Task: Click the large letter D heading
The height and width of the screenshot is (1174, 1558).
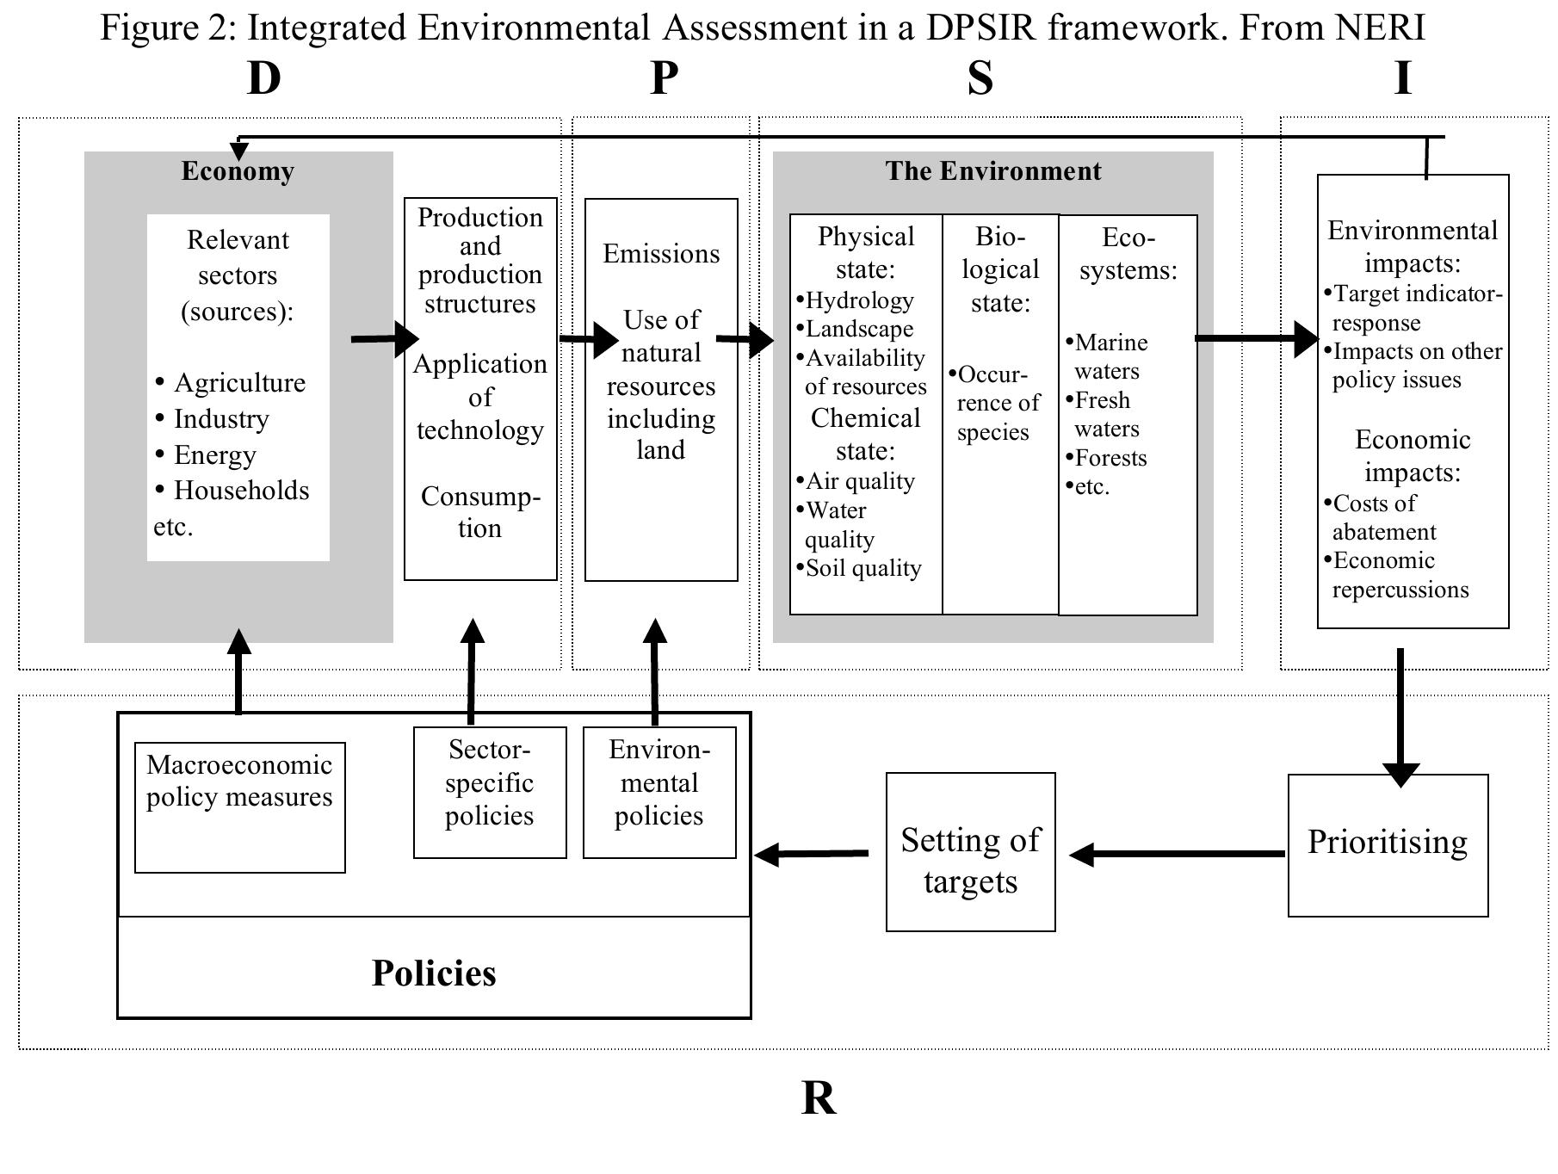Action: [x=264, y=79]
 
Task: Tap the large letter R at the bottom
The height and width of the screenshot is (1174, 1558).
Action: [x=819, y=1099]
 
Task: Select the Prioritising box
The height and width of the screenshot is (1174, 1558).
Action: [x=1387, y=844]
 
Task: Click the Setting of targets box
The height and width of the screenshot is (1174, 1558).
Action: [x=970, y=851]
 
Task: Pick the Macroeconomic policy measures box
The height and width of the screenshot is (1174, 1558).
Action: [x=239, y=806]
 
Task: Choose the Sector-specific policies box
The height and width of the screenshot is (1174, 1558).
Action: [x=489, y=792]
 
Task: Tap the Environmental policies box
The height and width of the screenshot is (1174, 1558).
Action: [x=659, y=792]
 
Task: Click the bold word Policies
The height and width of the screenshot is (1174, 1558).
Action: [x=434, y=973]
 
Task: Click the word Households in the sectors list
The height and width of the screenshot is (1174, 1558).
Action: [x=241, y=491]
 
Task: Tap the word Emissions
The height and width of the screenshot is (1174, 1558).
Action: [x=661, y=254]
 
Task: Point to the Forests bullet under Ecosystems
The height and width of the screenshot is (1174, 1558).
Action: [x=1110, y=458]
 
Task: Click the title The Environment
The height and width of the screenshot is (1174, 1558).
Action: [x=992, y=171]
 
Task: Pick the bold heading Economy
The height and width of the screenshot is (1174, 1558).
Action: [x=238, y=171]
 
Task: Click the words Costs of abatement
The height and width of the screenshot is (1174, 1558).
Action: [x=1382, y=517]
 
